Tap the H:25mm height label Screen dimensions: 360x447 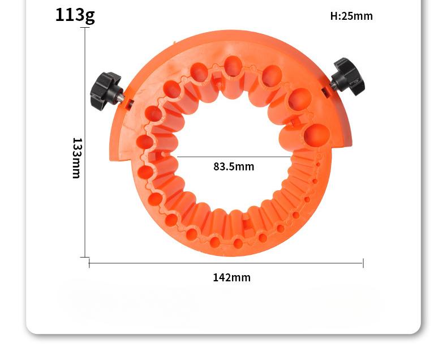[351, 16]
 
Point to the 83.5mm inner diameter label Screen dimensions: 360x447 [234, 166]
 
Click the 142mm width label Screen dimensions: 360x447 [231, 277]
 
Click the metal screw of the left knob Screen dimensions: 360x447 [121, 97]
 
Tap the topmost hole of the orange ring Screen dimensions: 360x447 [233, 66]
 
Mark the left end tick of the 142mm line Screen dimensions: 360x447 [89, 263]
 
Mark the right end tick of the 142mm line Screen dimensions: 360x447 [363, 263]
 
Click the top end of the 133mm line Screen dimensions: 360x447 [85, 28]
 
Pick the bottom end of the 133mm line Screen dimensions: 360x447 [85, 257]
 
